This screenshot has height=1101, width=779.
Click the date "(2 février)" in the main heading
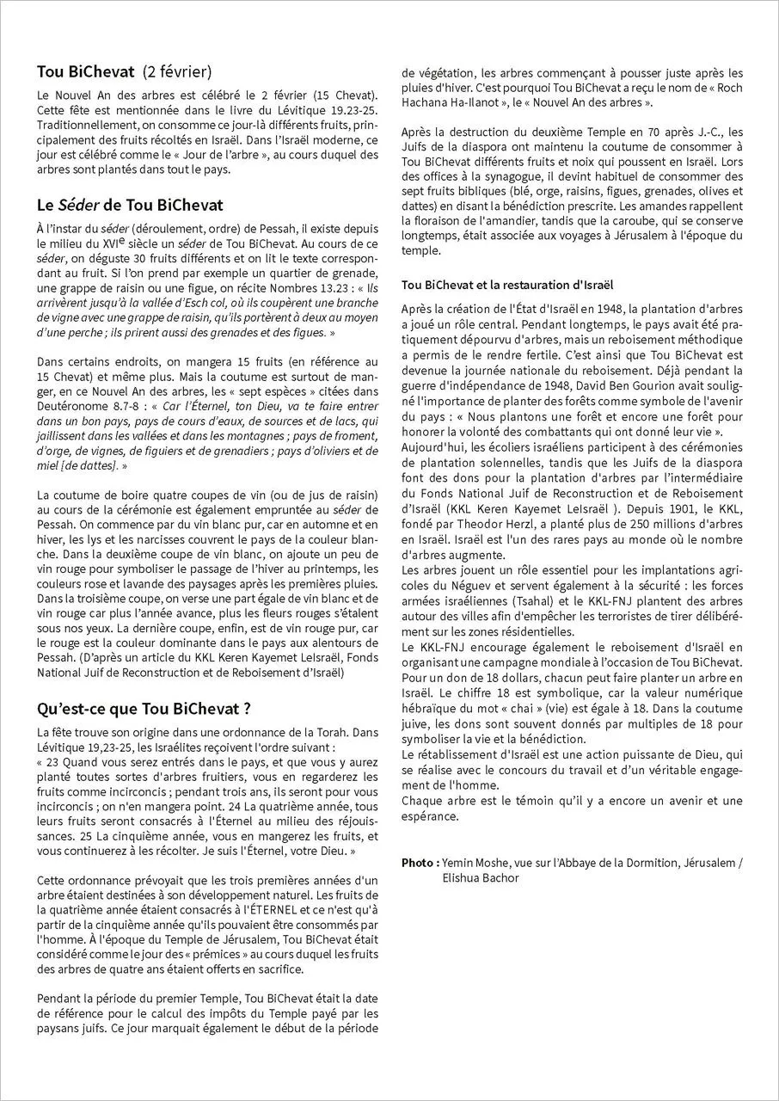tap(177, 71)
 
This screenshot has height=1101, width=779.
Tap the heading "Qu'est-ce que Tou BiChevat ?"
tap(144, 710)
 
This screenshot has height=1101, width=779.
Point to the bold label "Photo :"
tap(420, 862)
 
